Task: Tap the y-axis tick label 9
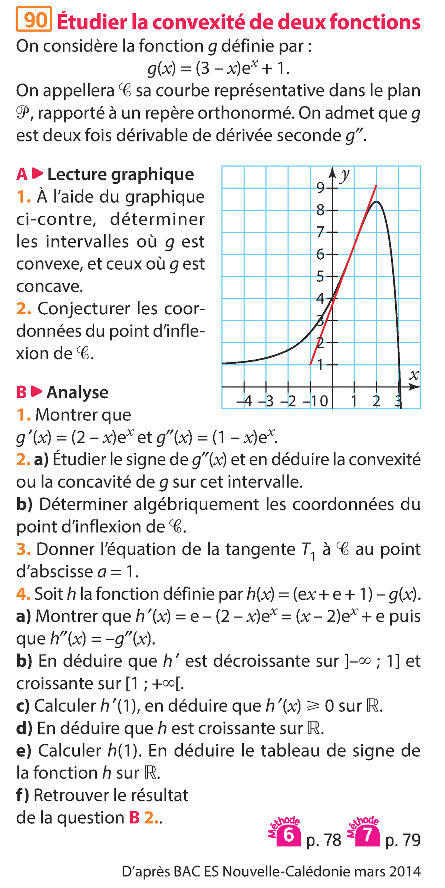[320, 188]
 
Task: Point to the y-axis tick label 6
[320, 255]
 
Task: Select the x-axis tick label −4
[245, 401]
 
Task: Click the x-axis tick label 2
[376, 401]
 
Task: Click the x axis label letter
[414, 375]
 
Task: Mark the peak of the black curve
[376, 201]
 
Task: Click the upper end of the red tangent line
[376, 185]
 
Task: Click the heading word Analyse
[78, 393]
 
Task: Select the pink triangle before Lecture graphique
[37, 174]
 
